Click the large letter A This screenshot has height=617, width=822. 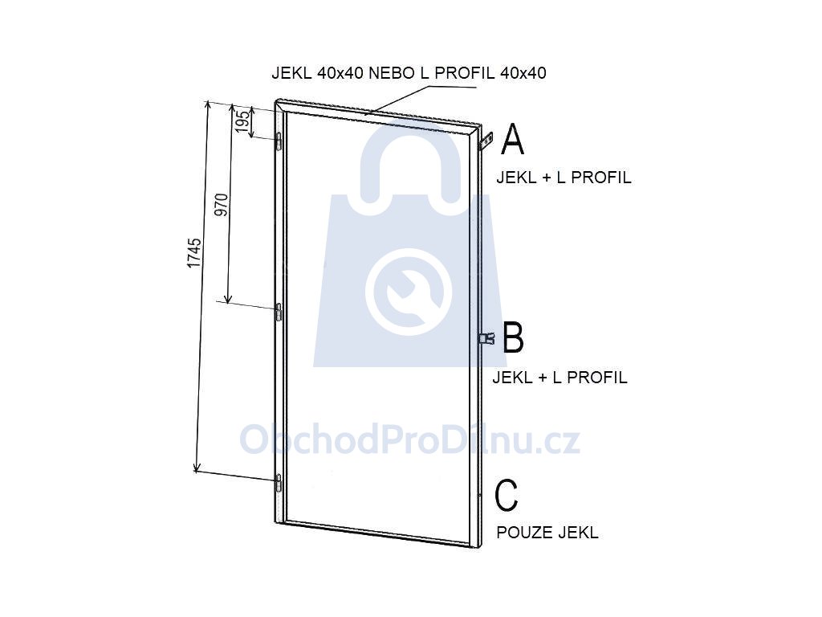pos(512,139)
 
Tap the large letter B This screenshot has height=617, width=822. pos(513,338)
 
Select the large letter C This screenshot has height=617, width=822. pos(507,495)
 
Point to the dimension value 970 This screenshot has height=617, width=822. pos(222,205)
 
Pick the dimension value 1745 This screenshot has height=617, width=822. pos(194,253)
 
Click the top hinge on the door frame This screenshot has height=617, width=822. pos(279,141)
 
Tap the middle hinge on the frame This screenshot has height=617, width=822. pos(279,312)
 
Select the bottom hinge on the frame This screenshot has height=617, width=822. pos(279,483)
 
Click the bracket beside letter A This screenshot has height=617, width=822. pos(486,141)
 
